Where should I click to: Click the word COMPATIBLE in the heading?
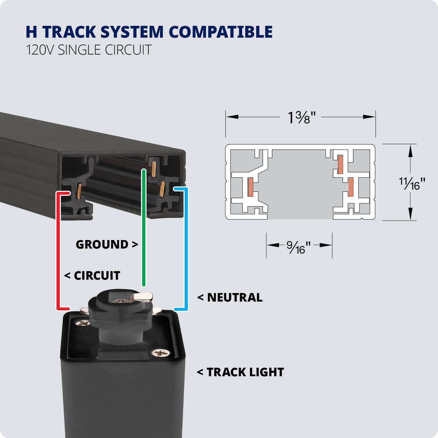[220, 32]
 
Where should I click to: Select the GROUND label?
[102, 244]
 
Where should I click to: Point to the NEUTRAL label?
[235, 297]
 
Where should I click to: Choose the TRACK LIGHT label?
[245, 372]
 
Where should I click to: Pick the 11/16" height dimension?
[412, 183]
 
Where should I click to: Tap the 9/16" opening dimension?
[299, 247]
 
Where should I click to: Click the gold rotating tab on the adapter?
[142, 296]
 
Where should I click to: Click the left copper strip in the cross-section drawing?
[250, 187]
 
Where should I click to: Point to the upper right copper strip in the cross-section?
[340, 165]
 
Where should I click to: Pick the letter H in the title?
[31, 32]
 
